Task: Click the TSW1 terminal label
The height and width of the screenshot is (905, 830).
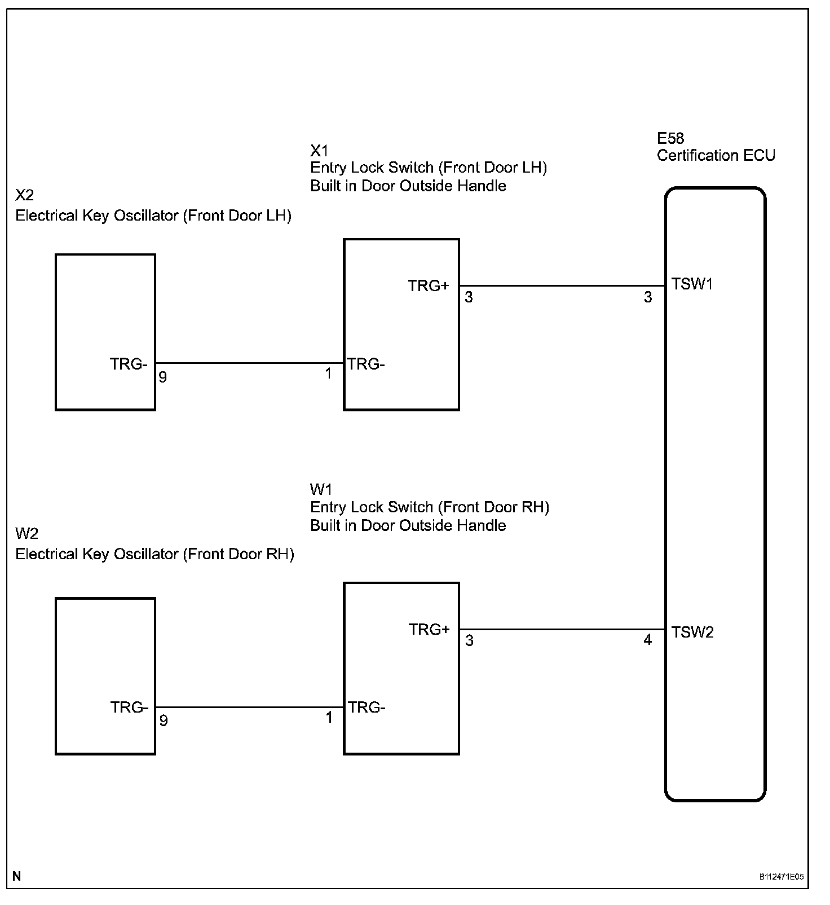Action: tap(692, 284)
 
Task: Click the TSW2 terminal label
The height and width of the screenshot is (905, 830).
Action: tap(692, 632)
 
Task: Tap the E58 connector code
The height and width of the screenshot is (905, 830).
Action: tap(670, 138)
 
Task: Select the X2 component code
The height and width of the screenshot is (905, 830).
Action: tap(25, 195)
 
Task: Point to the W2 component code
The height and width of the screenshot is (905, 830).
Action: tap(27, 533)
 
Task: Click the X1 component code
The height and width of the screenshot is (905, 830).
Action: tap(319, 150)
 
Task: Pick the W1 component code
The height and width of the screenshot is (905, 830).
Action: tap(321, 489)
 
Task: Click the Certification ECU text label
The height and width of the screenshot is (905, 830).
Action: tap(716, 156)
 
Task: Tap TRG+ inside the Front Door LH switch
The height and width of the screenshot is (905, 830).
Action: tap(429, 286)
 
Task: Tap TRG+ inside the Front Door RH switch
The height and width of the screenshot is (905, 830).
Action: tap(429, 629)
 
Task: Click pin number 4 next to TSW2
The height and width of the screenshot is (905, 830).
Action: tap(647, 640)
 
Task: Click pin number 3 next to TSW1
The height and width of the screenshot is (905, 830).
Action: tap(648, 297)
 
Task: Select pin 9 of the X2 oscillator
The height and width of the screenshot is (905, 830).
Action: tap(163, 377)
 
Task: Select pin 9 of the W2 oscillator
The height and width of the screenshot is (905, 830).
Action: tap(164, 721)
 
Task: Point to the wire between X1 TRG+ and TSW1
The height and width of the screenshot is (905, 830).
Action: tap(562, 285)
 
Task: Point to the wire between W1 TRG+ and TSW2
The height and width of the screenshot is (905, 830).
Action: tap(562, 629)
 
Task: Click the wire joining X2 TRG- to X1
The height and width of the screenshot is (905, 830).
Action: tap(249, 363)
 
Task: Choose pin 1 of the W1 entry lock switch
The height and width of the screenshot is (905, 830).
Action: tap(329, 718)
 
